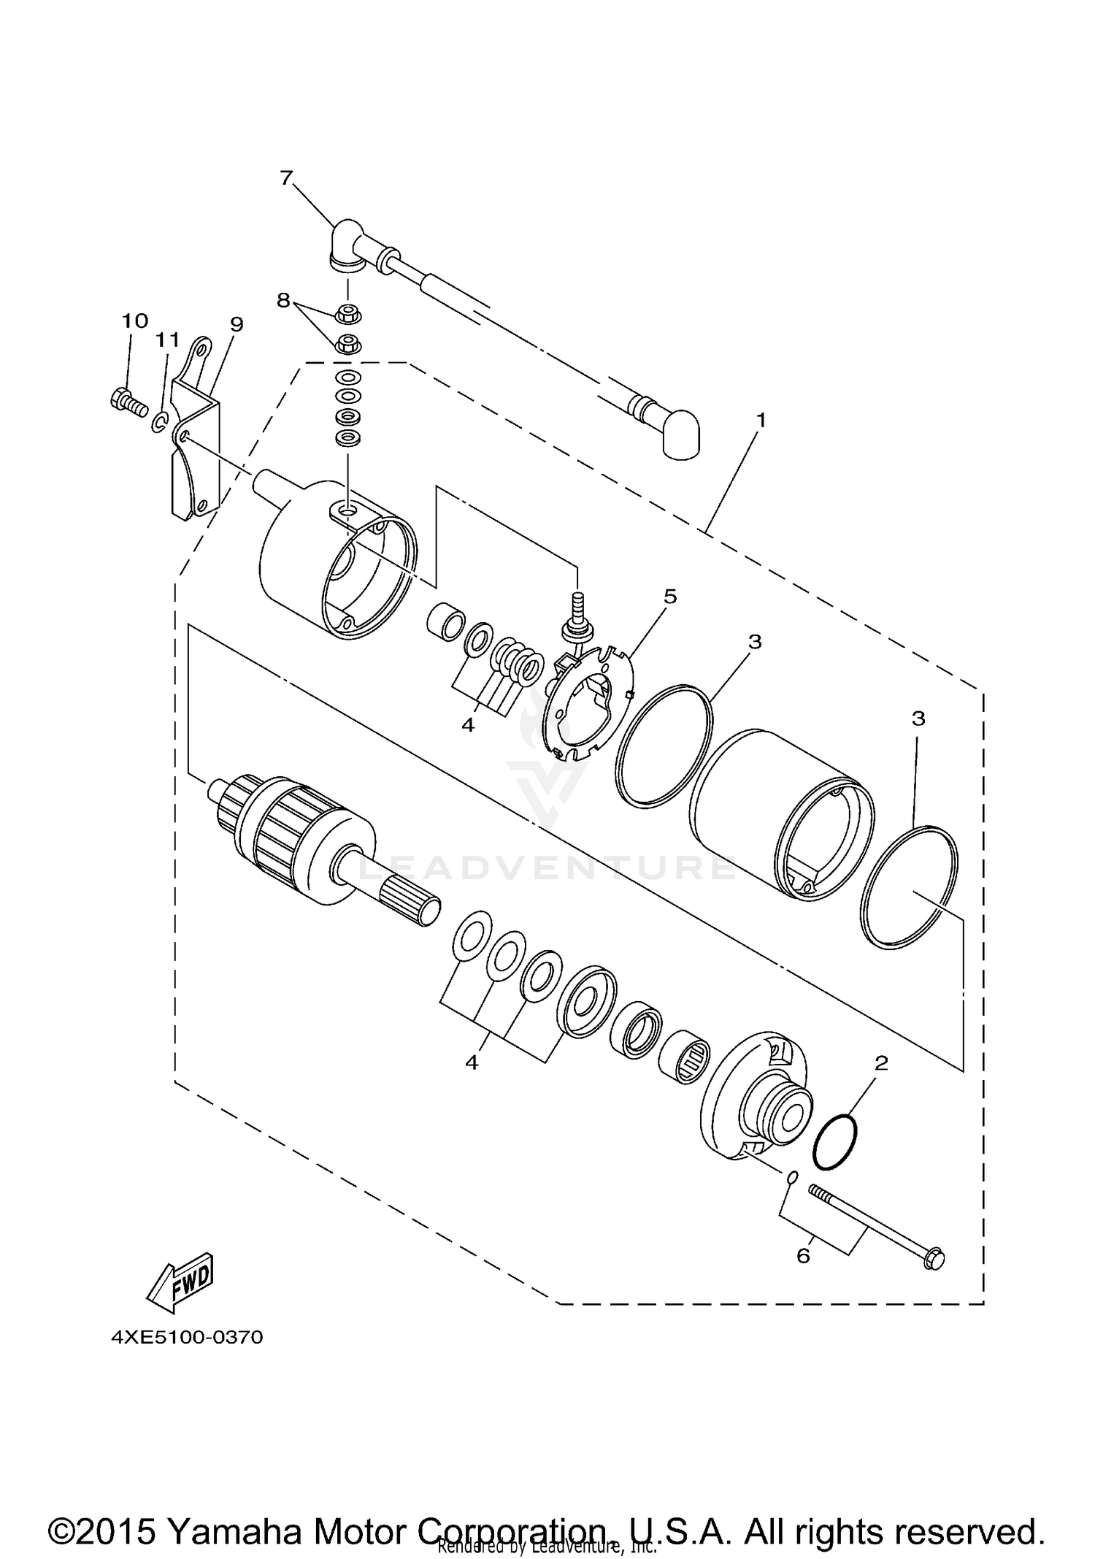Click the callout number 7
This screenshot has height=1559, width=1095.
point(285,177)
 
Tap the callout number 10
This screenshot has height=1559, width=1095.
point(134,321)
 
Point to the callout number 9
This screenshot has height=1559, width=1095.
point(236,323)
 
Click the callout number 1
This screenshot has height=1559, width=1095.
point(761,421)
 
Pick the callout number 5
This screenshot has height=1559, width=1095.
point(669,597)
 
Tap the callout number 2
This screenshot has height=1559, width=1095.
point(881,1063)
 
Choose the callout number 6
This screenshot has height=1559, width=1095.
point(803,1255)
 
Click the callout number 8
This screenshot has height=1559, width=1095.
point(283,300)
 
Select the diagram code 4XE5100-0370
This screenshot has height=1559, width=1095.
point(186,1337)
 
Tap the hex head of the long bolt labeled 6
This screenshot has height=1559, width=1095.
point(932,1260)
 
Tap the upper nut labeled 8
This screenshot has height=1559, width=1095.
point(347,315)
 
